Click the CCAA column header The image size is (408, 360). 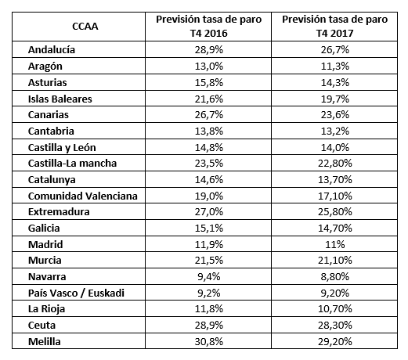85,27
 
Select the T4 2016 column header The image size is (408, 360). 208,27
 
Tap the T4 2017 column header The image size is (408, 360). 334,27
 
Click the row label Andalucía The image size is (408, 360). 52,49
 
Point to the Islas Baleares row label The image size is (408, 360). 60,99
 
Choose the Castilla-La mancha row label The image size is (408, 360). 72,163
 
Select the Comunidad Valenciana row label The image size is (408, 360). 83,196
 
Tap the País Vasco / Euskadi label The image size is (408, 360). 76,293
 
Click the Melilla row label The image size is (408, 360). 45,341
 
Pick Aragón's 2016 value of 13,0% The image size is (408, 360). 209,66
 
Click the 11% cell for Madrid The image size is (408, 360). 335,244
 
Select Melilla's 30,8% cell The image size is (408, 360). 209,341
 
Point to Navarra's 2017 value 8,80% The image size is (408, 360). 335,276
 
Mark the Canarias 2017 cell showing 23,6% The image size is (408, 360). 335,114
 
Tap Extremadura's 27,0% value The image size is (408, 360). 209,211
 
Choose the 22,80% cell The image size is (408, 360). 335,163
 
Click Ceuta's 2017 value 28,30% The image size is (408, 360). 335,325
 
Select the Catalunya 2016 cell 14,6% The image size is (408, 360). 209,179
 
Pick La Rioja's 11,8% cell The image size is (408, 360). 209,308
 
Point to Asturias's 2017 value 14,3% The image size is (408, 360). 335,82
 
